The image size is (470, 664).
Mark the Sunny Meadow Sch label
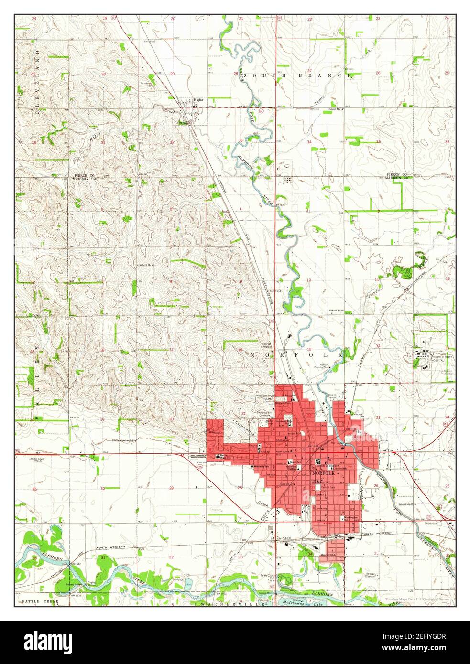coord(124,440)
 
